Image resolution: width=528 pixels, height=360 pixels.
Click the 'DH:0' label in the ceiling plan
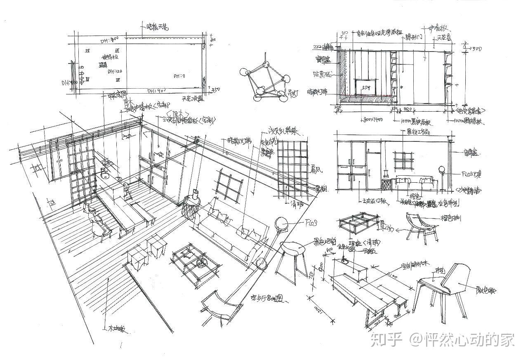click(179, 76)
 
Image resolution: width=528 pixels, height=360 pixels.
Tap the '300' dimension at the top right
click(476, 49)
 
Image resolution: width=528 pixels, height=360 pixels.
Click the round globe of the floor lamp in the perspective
click(283, 224)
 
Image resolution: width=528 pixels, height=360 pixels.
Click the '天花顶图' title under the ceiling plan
click(192, 99)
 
